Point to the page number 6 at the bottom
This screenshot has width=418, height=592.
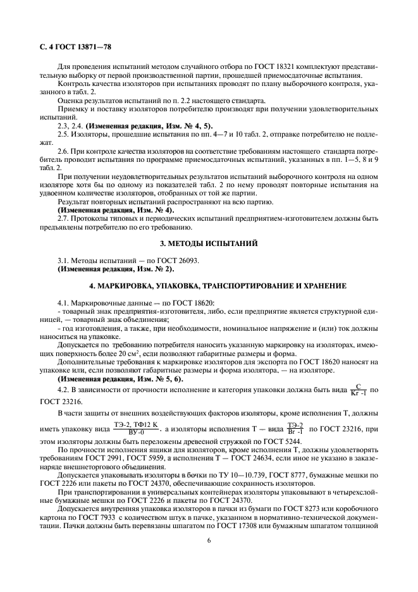click(208, 540)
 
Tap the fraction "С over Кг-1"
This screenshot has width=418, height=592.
click(358, 389)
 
